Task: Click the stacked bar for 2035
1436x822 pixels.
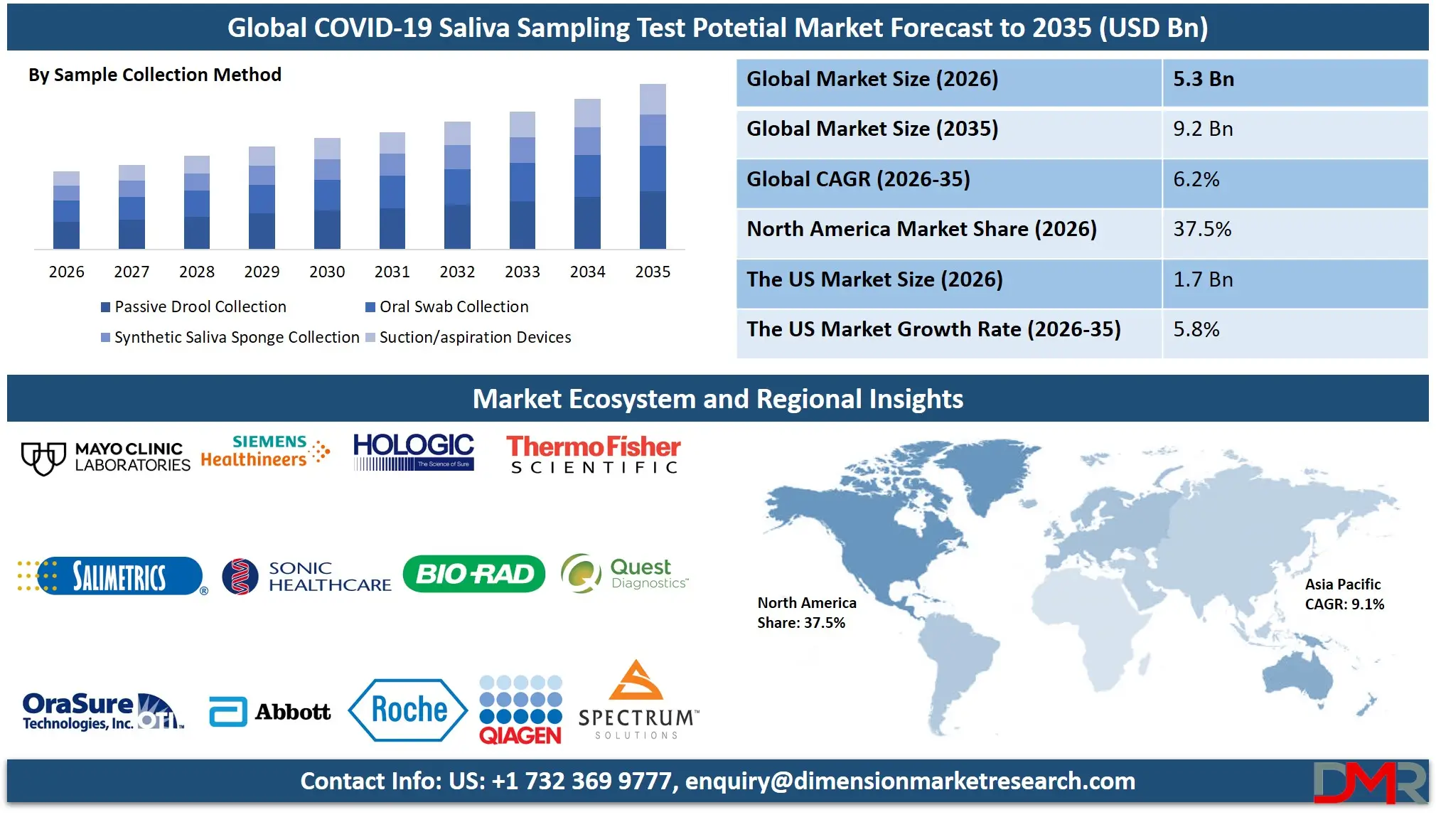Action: (x=653, y=166)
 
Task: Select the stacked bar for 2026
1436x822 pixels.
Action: (x=66, y=210)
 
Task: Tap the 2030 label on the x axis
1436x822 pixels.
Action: (x=327, y=272)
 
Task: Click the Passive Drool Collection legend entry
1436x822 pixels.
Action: (x=193, y=306)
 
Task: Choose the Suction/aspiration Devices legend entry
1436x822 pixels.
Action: (x=468, y=337)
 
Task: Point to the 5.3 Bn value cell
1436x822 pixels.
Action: (x=1203, y=79)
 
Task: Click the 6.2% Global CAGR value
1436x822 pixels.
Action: (x=1196, y=179)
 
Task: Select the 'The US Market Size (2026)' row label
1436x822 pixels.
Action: (x=874, y=279)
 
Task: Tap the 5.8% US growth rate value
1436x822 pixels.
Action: (x=1196, y=329)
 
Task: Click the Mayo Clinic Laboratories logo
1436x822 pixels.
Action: (x=105, y=457)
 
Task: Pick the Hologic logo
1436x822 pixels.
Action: (x=413, y=452)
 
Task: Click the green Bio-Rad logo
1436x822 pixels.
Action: (x=473, y=574)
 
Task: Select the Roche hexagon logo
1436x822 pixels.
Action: (x=408, y=710)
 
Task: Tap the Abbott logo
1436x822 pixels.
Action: (x=270, y=712)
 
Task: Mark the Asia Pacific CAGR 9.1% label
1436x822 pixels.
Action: (x=1344, y=594)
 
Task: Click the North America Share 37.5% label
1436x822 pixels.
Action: (x=806, y=613)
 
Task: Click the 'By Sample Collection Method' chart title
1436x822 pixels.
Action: (x=155, y=75)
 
